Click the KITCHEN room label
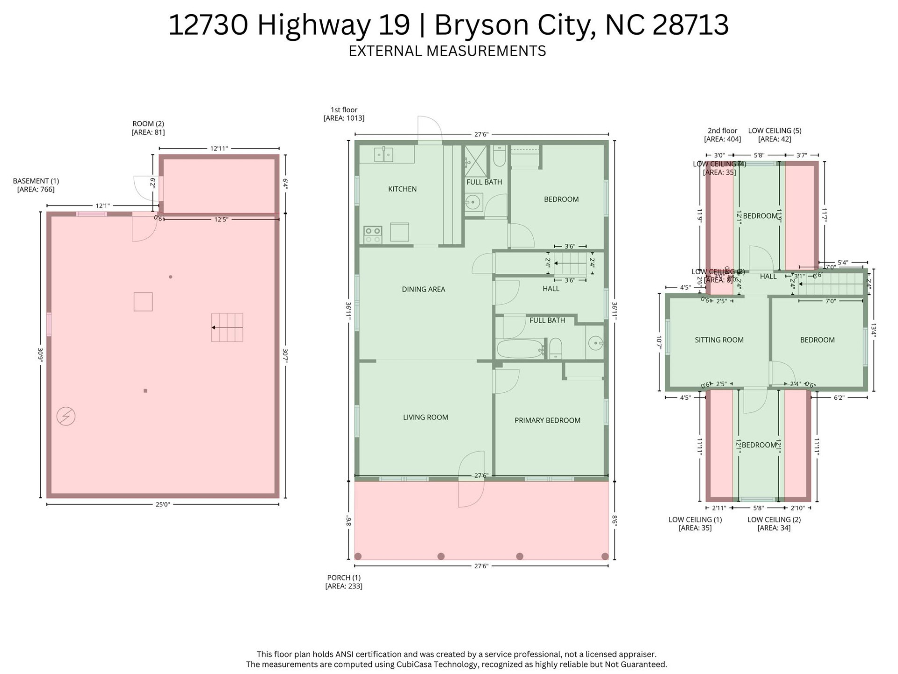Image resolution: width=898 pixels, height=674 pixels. [402, 189]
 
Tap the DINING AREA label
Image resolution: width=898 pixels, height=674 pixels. [423, 289]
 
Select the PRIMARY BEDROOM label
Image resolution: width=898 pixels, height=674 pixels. [547, 420]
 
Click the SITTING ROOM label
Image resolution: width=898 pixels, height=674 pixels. [719, 340]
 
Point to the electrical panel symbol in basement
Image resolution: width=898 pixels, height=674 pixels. [66, 416]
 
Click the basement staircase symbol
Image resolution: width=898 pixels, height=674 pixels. [227, 328]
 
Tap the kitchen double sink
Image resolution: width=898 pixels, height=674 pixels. [384, 154]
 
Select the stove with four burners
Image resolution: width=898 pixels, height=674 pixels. [373, 235]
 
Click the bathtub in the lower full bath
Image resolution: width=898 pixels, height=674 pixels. [519, 349]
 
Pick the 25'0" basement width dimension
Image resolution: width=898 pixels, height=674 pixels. [162, 505]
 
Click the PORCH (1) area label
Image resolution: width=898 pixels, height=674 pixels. [344, 582]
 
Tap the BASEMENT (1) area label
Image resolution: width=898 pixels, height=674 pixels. [36, 185]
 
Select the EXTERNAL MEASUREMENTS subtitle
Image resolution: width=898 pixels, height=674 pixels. [447, 51]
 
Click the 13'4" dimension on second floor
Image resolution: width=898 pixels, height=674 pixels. [873, 330]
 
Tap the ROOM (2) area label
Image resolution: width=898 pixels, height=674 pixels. [148, 128]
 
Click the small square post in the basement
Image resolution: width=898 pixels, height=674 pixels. [145, 390]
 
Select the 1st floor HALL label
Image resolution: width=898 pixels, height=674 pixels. [551, 289]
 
